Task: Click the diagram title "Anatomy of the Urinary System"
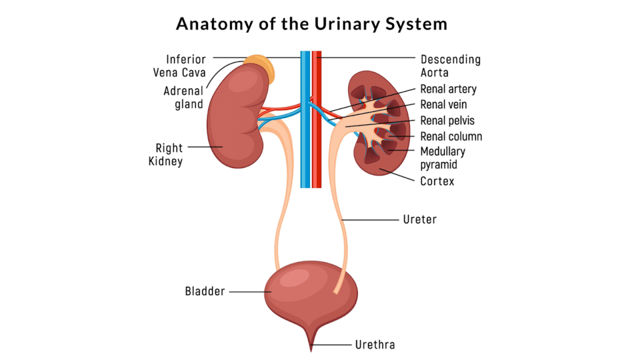coord(311,24)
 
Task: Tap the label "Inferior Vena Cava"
coord(180,66)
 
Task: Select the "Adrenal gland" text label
coord(184,97)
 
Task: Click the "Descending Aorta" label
coord(450,66)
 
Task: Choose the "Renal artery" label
coord(448,89)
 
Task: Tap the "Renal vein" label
coord(443,105)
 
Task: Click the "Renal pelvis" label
coord(447,121)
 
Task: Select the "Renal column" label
coord(451,136)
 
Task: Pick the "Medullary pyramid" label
coord(442,157)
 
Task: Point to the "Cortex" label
coord(437,181)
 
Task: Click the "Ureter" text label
coord(419,220)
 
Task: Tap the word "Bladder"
coord(204,291)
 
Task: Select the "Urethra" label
coord(375,344)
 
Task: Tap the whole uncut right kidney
coord(234,119)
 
